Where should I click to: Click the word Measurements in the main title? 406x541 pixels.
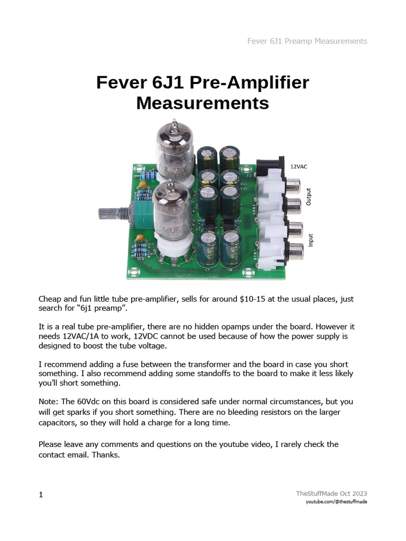[x=202, y=102]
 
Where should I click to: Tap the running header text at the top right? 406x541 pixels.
[x=307, y=41]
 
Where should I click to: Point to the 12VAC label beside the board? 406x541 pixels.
[x=298, y=166]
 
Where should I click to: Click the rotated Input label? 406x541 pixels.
[x=311, y=241]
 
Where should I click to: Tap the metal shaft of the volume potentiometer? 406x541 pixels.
[x=111, y=214]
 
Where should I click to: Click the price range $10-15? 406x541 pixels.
[x=247, y=299]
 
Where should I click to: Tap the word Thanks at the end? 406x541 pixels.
[x=109, y=453]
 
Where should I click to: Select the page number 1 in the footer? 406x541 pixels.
[x=41, y=495]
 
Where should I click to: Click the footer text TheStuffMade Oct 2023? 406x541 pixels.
[x=331, y=493]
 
